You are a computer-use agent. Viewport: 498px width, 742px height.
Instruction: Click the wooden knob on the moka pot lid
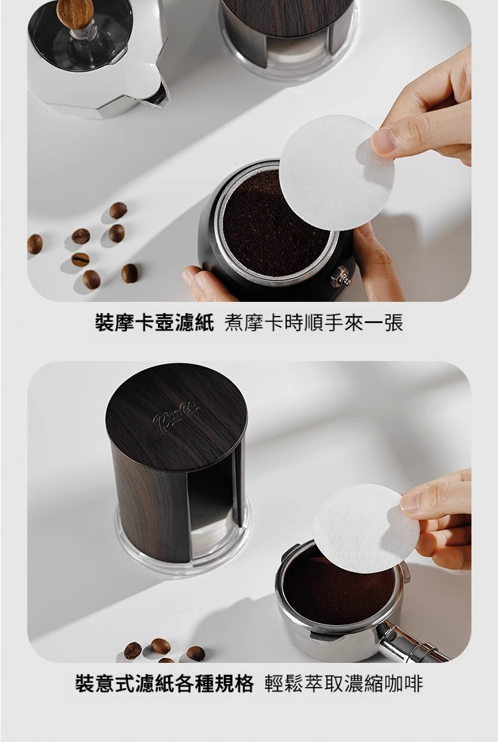tap(74, 13)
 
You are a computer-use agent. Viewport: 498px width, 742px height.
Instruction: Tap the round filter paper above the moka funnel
tap(337, 173)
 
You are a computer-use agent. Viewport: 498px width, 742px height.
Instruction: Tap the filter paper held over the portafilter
tap(366, 529)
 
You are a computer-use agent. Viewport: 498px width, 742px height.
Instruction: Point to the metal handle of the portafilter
tap(411, 644)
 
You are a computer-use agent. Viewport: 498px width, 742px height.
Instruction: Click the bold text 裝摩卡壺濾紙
tap(155, 323)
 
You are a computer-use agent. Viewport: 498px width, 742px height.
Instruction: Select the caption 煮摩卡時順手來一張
tap(313, 323)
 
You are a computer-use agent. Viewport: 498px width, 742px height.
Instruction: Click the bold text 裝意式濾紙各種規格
tap(165, 683)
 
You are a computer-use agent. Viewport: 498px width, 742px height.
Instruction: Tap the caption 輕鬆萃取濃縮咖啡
tap(343, 683)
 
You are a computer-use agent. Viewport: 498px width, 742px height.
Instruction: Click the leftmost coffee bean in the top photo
tap(35, 244)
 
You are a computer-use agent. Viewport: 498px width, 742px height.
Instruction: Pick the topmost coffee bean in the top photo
tap(118, 210)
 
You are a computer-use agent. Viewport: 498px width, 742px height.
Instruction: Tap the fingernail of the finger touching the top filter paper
tap(383, 141)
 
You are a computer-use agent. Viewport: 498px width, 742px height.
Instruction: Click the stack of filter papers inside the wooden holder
tap(210, 535)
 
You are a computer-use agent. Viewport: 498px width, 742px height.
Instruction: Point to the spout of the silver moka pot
tap(158, 94)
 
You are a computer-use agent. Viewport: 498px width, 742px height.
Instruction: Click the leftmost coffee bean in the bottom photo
tap(132, 650)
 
